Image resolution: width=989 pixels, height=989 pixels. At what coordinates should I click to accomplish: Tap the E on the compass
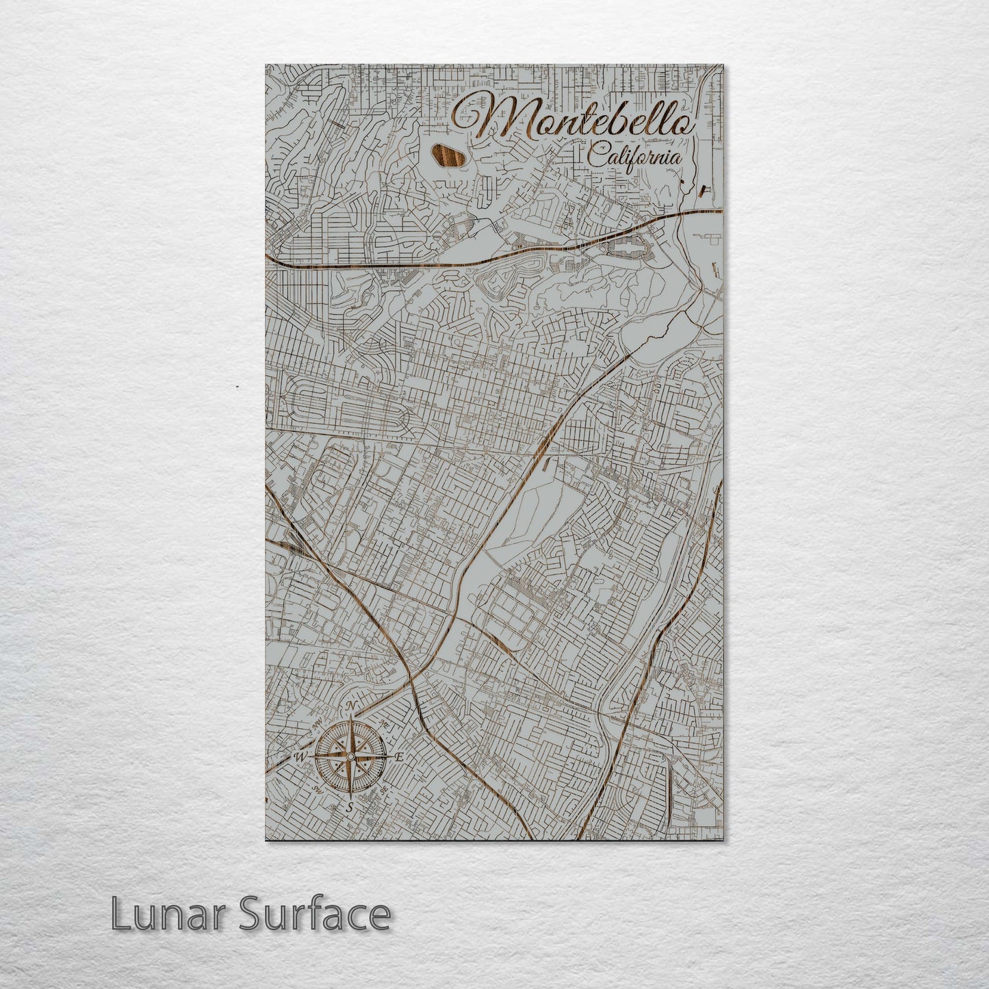point(400,756)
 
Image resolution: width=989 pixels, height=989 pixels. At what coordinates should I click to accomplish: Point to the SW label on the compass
point(317,788)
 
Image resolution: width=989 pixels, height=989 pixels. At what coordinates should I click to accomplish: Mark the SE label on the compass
point(383,788)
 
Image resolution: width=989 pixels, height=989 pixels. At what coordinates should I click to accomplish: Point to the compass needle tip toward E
point(389,756)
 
